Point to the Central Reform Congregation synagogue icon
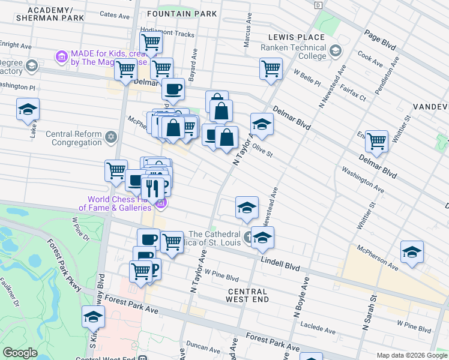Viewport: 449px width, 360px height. [x=110, y=138]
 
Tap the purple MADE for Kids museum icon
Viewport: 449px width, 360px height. [x=61, y=57]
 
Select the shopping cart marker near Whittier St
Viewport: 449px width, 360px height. [x=376, y=141]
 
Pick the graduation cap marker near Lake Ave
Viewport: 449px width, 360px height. [x=28, y=109]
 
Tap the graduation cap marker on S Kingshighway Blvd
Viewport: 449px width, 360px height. [x=93, y=316]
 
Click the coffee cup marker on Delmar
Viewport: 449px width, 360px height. [x=173, y=89]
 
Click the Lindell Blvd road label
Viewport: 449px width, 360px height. [x=280, y=262]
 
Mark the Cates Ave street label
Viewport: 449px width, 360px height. [x=115, y=14]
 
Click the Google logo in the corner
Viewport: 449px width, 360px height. [x=20, y=353]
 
